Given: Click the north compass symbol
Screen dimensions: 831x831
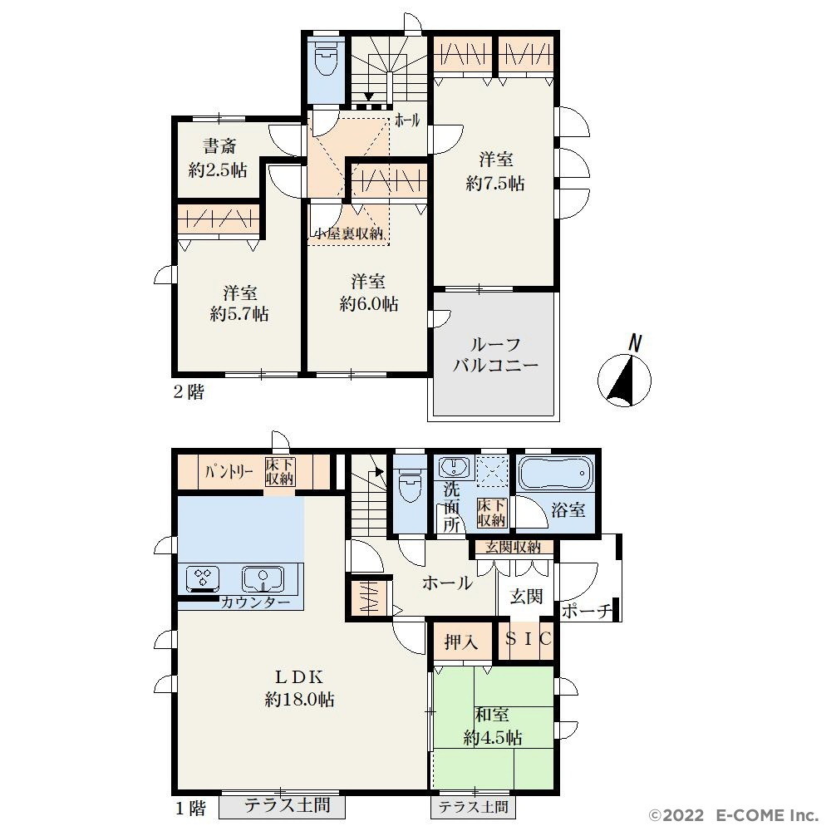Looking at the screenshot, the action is click(x=624, y=378).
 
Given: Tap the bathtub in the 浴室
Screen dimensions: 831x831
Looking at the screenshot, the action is click(x=555, y=474).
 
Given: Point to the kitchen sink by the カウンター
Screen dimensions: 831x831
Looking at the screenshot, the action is click(x=263, y=578).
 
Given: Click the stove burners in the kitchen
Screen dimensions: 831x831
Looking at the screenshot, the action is click(x=203, y=578).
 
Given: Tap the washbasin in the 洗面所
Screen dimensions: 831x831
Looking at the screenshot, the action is click(x=453, y=467).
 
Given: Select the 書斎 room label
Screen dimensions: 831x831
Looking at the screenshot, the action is click(x=219, y=145).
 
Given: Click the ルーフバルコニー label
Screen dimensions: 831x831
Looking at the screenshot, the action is click(x=495, y=355).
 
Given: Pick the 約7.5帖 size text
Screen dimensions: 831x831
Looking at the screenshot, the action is click(x=495, y=184).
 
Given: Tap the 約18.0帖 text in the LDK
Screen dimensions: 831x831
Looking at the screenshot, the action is click(x=299, y=700).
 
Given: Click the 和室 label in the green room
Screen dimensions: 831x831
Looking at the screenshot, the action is click(x=492, y=715).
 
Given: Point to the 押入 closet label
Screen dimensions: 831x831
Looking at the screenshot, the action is click(x=461, y=642).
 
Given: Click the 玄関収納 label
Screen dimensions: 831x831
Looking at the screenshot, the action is click(x=513, y=547).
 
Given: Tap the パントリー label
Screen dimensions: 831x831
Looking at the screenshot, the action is click(x=229, y=471).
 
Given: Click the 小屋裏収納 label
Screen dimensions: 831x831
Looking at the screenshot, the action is click(x=349, y=234).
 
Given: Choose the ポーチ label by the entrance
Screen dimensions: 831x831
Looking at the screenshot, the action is click(x=586, y=611).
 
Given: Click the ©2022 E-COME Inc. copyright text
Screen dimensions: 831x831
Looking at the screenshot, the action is click(x=734, y=814).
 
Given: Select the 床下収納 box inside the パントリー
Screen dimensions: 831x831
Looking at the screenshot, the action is click(x=280, y=472).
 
